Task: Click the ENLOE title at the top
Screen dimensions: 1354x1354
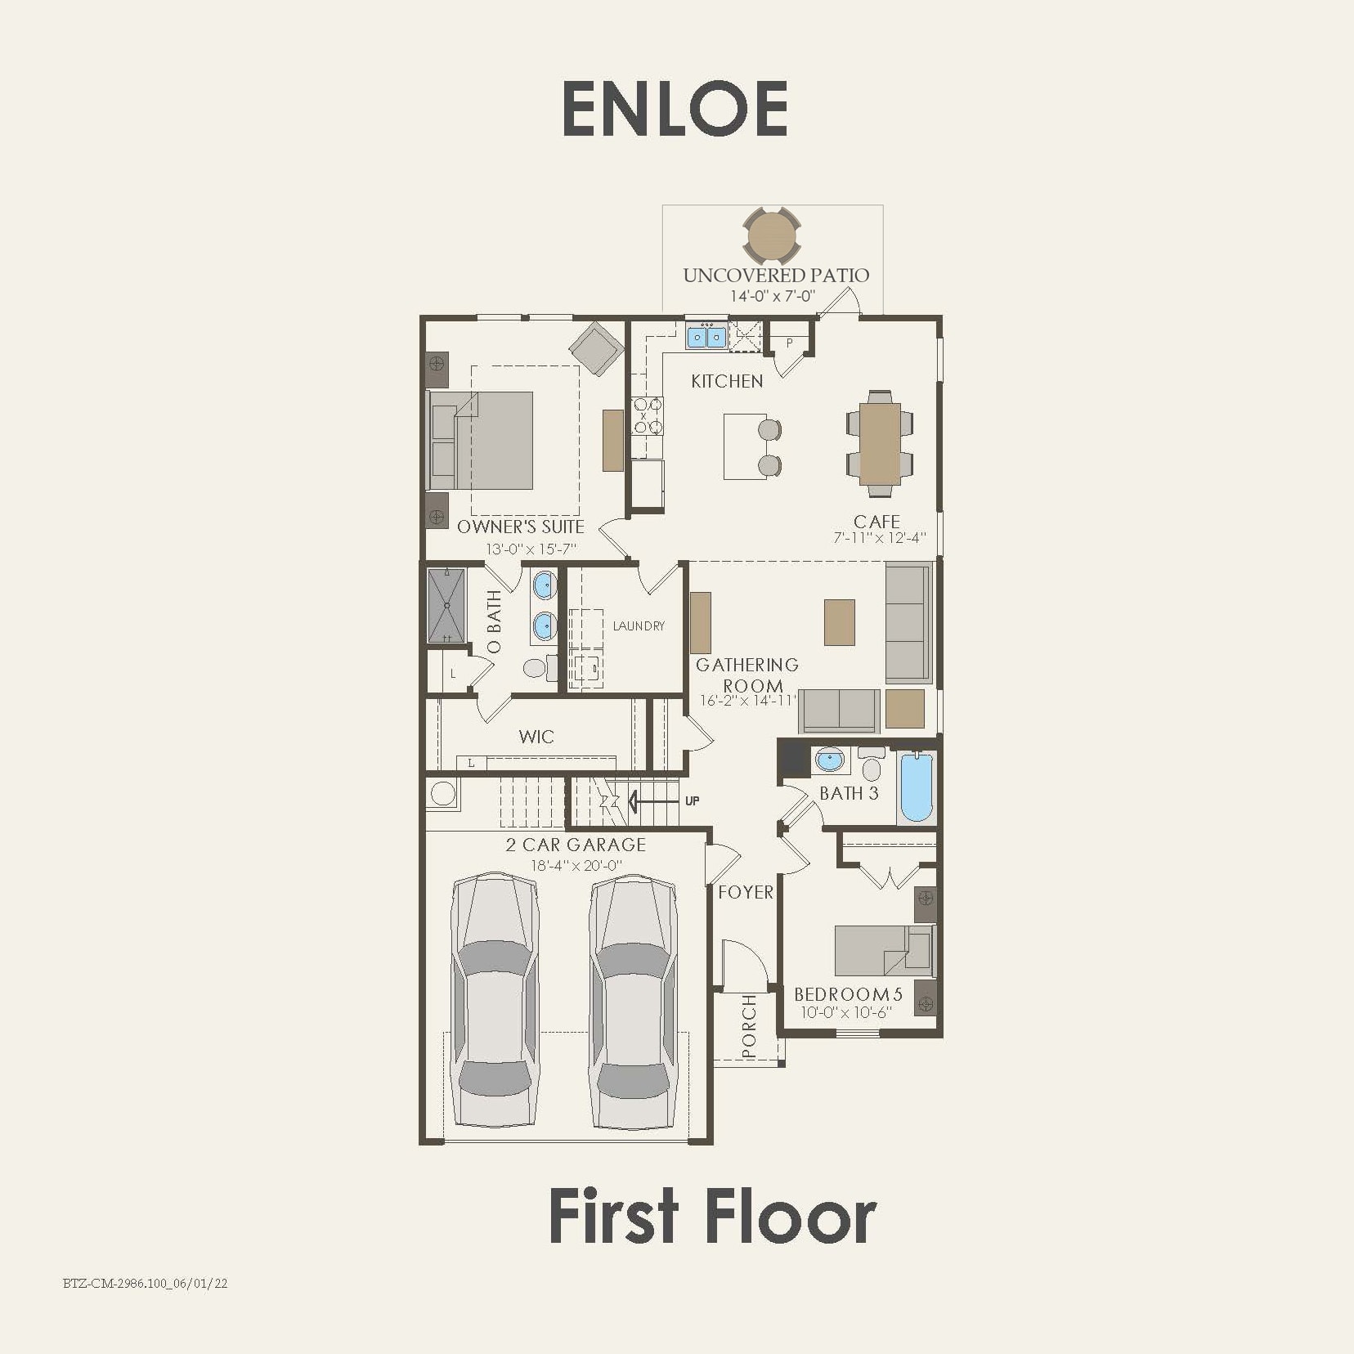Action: [675, 109]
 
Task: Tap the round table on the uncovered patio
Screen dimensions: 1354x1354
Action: [772, 235]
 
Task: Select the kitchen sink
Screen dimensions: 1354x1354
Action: [706, 336]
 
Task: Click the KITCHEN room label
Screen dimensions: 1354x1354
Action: [727, 381]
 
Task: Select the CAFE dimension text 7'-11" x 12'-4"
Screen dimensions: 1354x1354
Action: [880, 538]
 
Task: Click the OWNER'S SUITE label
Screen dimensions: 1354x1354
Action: [521, 527]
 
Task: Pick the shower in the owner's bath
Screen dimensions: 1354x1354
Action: [446, 605]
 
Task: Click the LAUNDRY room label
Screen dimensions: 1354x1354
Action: [639, 625]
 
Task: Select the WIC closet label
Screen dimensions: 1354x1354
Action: [536, 737]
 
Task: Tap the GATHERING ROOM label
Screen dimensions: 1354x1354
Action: [747, 675]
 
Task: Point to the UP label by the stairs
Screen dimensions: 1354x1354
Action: [692, 800]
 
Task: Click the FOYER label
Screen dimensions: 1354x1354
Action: [745, 892]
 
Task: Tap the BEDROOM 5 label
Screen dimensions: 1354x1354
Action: [848, 994]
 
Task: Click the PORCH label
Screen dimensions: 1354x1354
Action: [749, 1026]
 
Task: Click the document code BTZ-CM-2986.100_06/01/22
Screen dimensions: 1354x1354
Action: [146, 1284]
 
